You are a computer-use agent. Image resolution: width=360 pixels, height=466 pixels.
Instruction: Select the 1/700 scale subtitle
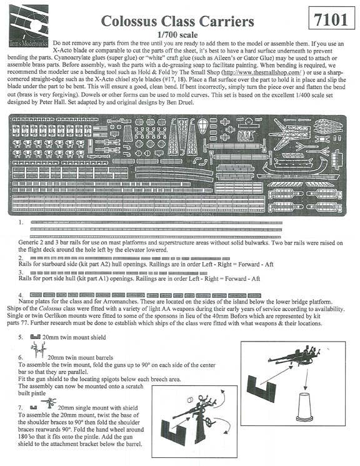[x=181, y=36]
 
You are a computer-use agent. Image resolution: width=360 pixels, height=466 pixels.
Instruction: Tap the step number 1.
[x=21, y=222]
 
